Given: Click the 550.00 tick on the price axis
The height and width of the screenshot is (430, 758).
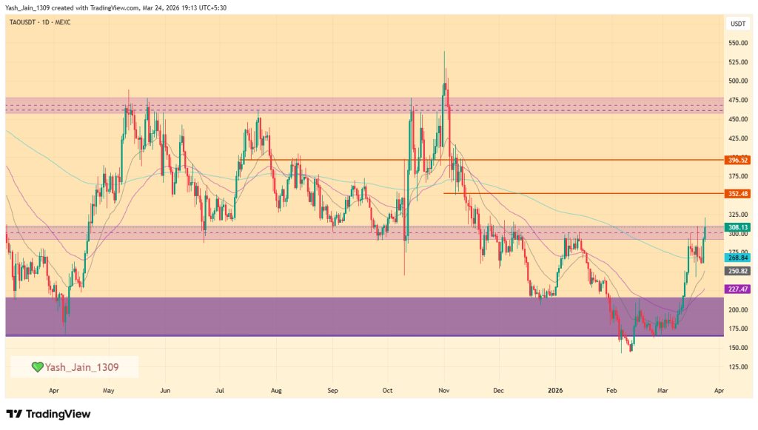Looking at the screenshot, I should (738, 43).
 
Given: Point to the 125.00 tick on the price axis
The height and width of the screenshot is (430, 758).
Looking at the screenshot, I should (738, 367).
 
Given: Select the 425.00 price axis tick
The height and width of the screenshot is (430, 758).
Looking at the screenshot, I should (738, 138).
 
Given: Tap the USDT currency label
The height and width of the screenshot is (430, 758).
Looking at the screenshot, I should (738, 24).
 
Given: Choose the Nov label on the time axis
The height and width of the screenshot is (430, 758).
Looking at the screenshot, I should (443, 389).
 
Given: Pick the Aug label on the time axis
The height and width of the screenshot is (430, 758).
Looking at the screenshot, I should (276, 389).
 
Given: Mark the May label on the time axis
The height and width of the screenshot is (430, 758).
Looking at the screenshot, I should (109, 389).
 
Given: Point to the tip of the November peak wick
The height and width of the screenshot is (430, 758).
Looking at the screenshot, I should (444, 51).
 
